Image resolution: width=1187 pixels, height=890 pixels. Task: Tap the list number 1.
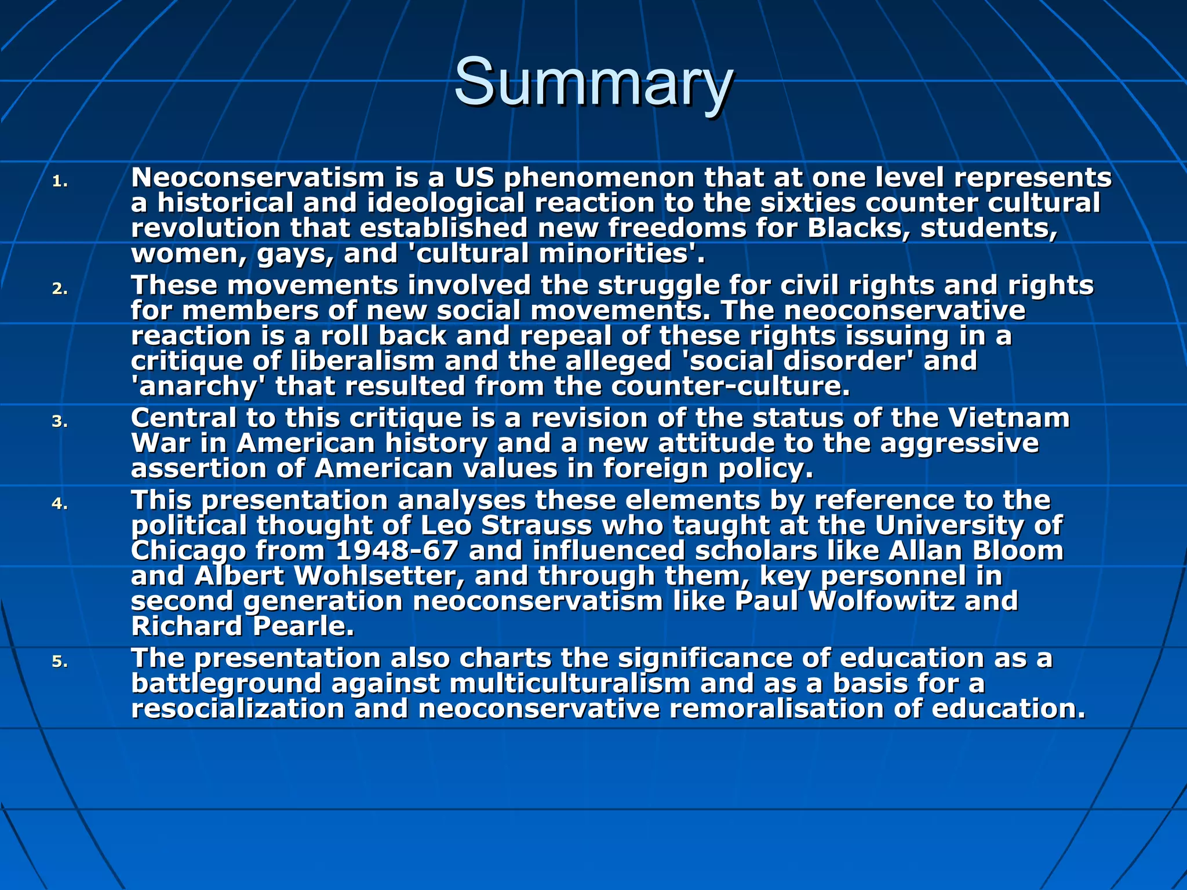coord(60,182)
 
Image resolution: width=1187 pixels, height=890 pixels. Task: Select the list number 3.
coord(60,422)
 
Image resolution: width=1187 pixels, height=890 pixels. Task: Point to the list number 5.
coord(60,662)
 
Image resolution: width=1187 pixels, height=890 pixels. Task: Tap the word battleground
coord(226,684)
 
